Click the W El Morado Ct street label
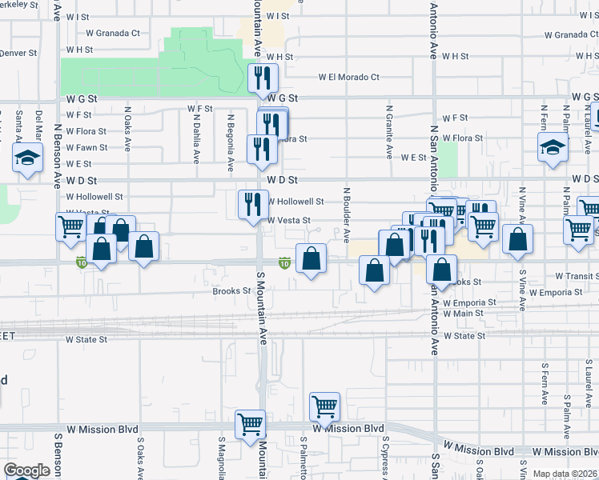[x=348, y=78]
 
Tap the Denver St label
[x=19, y=53]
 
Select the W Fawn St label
[x=86, y=147]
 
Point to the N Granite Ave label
[x=389, y=131]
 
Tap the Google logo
[x=26, y=470]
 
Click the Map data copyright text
[x=565, y=474]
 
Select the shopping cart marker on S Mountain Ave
[x=250, y=423]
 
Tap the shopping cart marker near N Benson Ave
[x=70, y=226]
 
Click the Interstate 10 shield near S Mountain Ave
[x=284, y=262]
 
